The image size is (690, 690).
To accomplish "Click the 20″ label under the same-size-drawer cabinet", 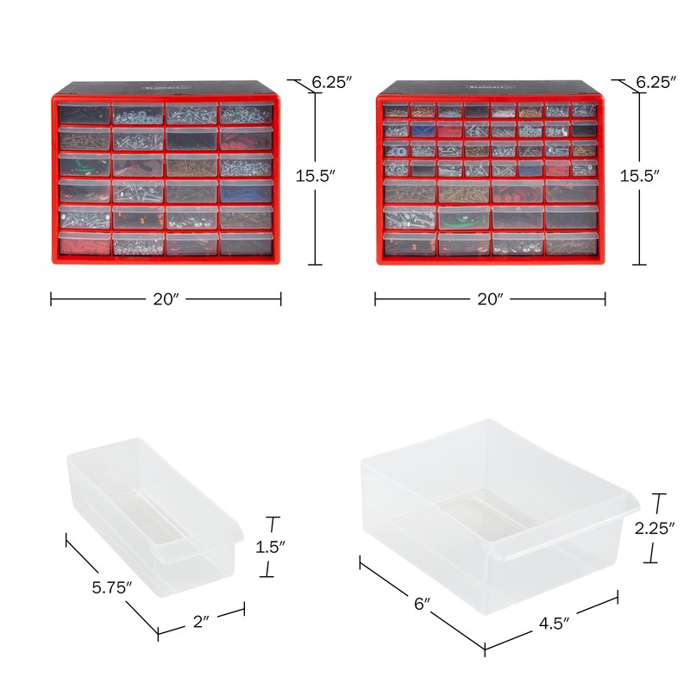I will pos(166,299).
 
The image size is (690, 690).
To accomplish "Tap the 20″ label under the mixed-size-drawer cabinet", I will pos(490,299).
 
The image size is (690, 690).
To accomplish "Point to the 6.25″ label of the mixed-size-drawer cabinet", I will pos(655,83).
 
